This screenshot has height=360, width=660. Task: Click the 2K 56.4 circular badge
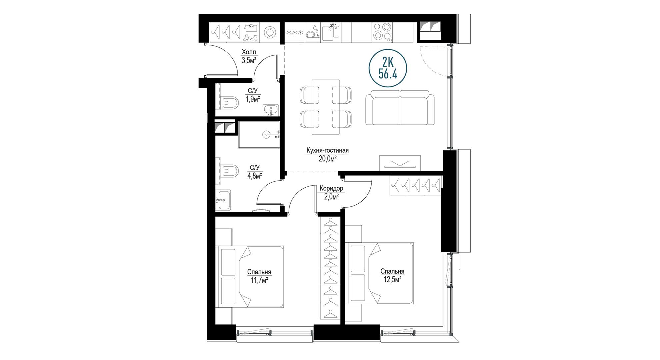pos(388,68)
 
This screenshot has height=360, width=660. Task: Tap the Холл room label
pos(249,52)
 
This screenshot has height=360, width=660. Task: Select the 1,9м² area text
pos(253,99)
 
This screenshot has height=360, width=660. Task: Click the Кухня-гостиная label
pos(328,151)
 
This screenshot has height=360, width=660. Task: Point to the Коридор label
pos(331,188)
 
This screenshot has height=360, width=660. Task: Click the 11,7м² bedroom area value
pos(259,280)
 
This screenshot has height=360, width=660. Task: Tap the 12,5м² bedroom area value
pos(392,279)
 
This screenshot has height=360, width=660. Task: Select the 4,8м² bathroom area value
pos(255,176)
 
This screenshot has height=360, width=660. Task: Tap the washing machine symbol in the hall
pos(270,32)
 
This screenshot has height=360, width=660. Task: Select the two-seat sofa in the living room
pos(400,108)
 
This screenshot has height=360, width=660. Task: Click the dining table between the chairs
pos(326,107)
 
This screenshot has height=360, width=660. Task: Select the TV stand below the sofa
pos(400,163)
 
